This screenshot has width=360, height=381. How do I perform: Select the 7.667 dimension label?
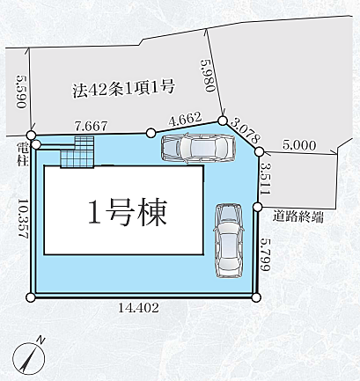[92, 126]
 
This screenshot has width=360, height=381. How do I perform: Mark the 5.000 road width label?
[299, 145]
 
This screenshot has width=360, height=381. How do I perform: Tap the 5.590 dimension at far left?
[18, 92]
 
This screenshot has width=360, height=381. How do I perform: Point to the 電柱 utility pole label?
[22, 150]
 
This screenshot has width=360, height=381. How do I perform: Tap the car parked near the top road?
[198, 149]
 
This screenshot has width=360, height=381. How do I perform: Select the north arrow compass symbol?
[30, 355]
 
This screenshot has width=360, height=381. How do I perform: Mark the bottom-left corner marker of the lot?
[32, 297]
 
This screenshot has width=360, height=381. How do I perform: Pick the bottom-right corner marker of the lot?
[256, 297]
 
